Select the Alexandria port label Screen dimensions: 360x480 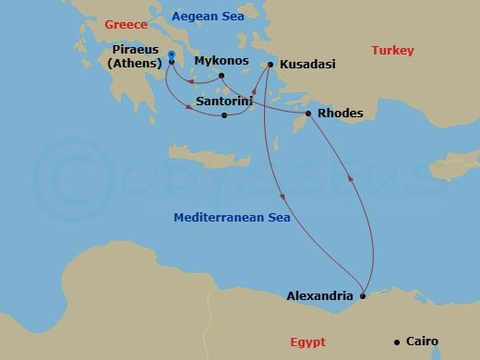(319, 296)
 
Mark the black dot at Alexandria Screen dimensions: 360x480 (363, 296)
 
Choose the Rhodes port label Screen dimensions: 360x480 (340, 114)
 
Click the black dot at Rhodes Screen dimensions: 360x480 (308, 114)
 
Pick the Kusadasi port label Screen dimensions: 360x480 (307, 65)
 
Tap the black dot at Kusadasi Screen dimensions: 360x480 (270, 65)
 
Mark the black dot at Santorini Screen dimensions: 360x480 (224, 115)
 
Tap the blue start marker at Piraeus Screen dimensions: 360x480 (172, 57)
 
